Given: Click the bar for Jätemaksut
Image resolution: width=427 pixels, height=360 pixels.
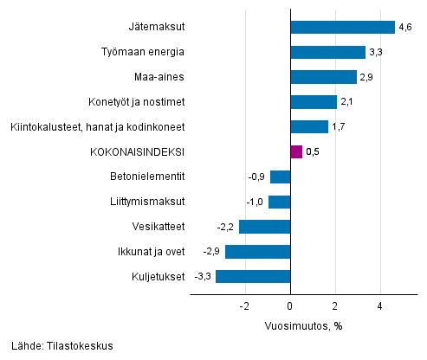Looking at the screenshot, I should click(x=342, y=27).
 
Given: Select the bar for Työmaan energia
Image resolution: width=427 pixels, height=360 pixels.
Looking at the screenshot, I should click(x=327, y=52).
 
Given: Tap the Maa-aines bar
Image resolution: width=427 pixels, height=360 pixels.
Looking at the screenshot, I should click(x=323, y=77).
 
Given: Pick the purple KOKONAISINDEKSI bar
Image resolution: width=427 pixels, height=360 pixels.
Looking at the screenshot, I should click(x=296, y=152).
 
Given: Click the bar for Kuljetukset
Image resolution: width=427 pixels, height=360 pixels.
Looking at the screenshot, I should click(x=253, y=277).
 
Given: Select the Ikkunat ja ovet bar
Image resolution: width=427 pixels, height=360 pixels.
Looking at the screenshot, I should click(x=257, y=252).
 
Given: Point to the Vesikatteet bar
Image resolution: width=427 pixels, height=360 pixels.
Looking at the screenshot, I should click(x=264, y=227).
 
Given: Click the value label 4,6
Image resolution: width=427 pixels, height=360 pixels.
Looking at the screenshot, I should click(x=404, y=28).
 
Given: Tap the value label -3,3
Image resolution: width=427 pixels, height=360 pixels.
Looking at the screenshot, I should click(x=204, y=278).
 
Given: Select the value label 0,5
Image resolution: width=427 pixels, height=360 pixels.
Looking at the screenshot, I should click(x=314, y=153).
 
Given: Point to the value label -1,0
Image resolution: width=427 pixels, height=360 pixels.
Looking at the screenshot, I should click(x=256, y=202).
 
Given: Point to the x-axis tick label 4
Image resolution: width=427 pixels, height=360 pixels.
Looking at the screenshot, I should click(x=379, y=306).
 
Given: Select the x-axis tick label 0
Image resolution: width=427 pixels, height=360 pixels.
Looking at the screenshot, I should click(x=290, y=306).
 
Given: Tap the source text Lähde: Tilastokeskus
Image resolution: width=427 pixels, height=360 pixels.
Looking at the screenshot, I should click(x=57, y=346).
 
